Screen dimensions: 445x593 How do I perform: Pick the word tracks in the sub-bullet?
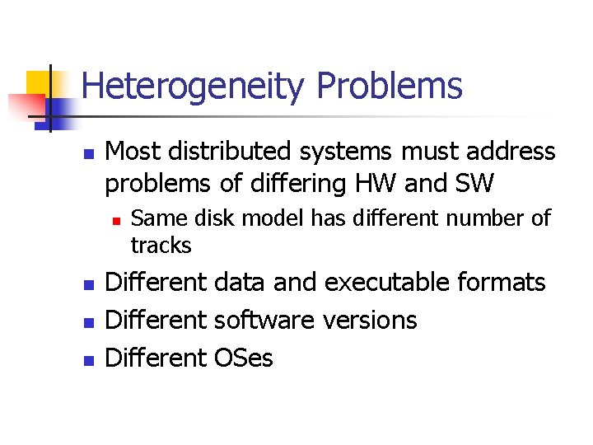(161, 246)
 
